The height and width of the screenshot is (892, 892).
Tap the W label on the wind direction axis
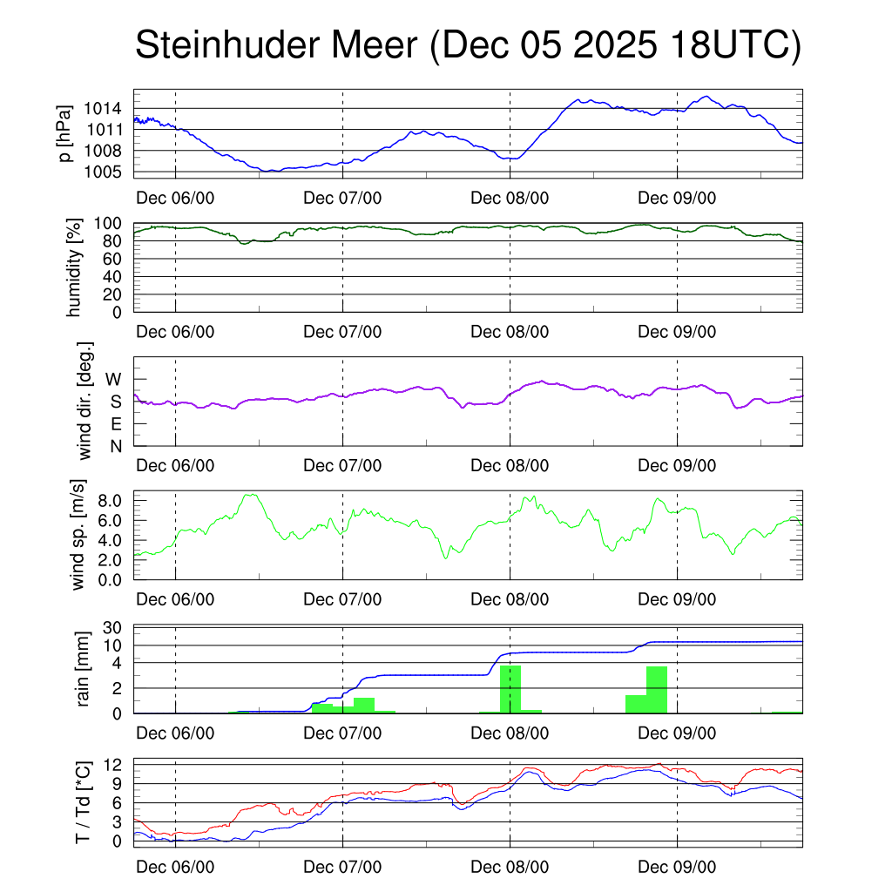[x=114, y=379]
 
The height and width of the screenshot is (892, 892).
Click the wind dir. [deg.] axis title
[x=85, y=401]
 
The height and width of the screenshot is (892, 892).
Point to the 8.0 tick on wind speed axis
[x=111, y=501]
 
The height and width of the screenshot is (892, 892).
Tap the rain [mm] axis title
[x=84, y=669]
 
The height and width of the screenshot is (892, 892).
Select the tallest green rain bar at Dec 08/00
[x=510, y=689]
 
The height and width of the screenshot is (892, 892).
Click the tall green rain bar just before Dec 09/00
[x=656, y=690]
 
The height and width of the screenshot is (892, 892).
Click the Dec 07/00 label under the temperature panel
[x=342, y=867]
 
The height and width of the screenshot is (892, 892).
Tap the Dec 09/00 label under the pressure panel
[x=677, y=197]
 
